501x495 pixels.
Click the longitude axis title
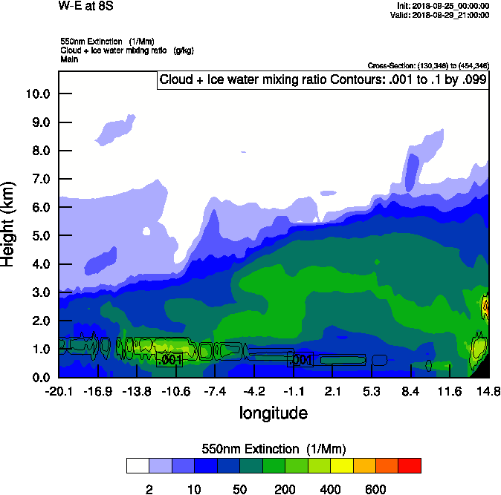click(273, 413)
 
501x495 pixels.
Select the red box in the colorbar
click(410, 465)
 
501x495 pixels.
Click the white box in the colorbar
click(138, 465)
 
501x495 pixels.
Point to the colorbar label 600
click(375, 489)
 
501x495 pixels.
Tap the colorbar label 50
click(239, 489)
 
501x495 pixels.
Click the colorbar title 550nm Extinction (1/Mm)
click(273, 449)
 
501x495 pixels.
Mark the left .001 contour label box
click(169, 360)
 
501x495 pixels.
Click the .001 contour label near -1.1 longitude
click(300, 360)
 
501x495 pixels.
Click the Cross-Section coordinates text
click(428, 65)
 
